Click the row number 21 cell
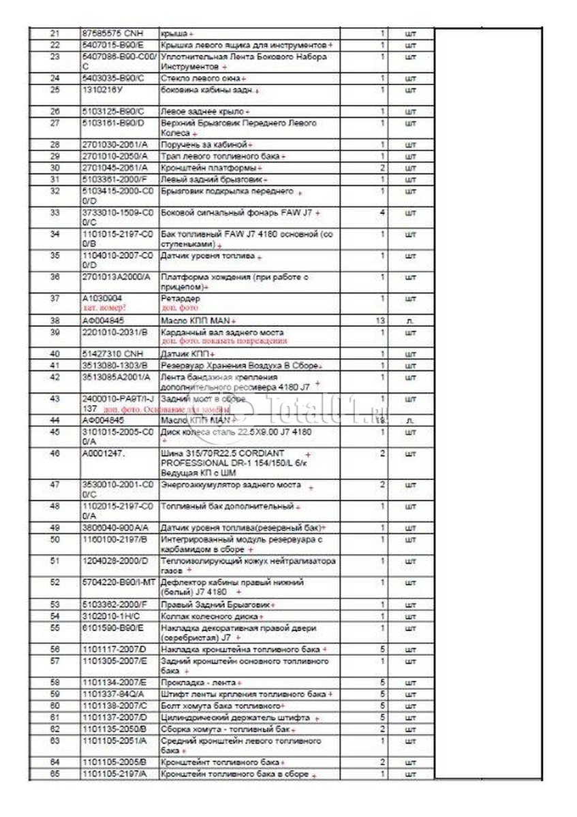point(55,33)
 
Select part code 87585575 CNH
point(108,33)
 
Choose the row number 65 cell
point(55,774)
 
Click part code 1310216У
point(104,89)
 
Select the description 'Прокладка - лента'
point(198,682)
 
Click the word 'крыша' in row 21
point(173,33)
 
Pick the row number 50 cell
point(55,539)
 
